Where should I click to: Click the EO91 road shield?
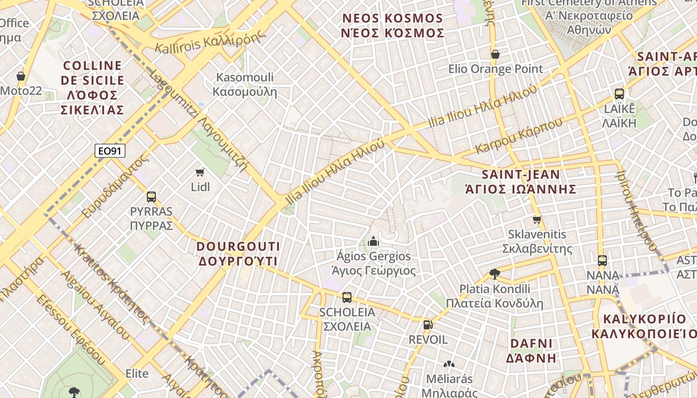pos(110,150)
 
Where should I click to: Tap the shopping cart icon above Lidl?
pos(200,172)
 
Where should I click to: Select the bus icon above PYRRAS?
pos(151,197)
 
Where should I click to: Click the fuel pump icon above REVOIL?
pos(427,325)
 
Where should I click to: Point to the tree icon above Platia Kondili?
pos(494,273)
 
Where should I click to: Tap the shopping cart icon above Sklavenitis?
pos(537,219)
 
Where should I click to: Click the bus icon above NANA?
pos(602,260)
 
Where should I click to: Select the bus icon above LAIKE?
pos(619,94)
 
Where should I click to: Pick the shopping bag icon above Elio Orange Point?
pos(495,54)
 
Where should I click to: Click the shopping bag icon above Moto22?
pos(21,76)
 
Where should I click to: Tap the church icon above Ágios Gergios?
pos(373,242)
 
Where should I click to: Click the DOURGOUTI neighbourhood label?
pos(238,254)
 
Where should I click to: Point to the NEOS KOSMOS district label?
pos(392,26)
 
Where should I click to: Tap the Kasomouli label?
pos(244,85)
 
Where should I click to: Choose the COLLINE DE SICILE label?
pos(93,87)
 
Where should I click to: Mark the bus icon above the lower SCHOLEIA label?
pos(347,298)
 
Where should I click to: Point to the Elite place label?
pos(137,373)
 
